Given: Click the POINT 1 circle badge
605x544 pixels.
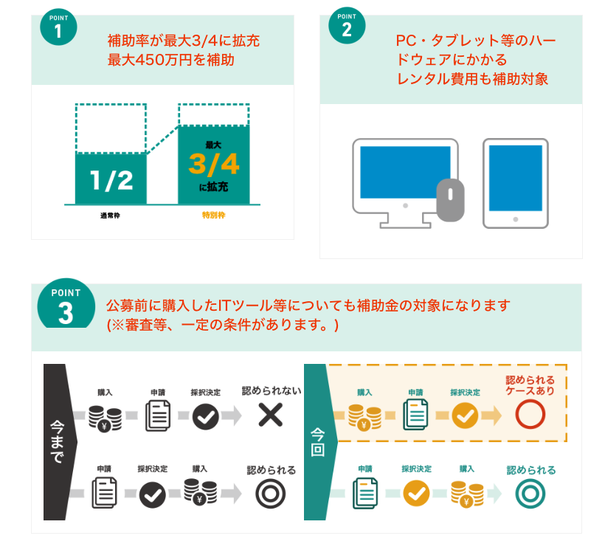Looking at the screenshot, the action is (x=58, y=27).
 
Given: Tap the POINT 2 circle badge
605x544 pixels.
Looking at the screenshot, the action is (x=347, y=26).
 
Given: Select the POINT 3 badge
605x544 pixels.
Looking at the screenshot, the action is (x=66, y=304).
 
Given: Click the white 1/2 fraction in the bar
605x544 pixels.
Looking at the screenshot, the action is (x=111, y=180).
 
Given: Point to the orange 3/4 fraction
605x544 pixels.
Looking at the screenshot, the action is (x=214, y=164).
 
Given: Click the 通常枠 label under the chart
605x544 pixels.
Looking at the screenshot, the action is (x=111, y=216).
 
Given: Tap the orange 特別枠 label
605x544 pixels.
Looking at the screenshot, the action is (x=213, y=215).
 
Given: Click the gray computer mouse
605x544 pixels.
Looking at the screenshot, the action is (x=450, y=200).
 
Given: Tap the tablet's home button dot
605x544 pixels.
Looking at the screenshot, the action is (x=516, y=219).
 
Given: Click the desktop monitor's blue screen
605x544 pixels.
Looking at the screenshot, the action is (x=405, y=172).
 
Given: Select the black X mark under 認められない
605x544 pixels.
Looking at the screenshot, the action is (x=271, y=415).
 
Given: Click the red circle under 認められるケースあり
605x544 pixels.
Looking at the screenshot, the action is (x=530, y=414).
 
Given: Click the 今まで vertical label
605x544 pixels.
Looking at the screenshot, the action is (x=57, y=442).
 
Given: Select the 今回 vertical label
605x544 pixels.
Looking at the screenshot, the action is (x=317, y=442).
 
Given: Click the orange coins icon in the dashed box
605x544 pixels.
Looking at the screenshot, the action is (x=364, y=417).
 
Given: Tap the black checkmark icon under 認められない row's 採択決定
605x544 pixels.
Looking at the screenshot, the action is (x=206, y=416).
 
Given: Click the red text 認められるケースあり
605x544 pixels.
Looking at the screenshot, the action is (x=530, y=385).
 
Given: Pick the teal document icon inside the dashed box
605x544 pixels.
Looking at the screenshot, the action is (x=415, y=415).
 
